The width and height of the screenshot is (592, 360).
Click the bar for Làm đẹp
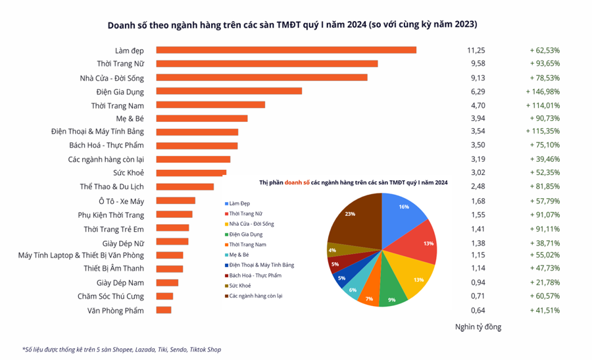[286, 50]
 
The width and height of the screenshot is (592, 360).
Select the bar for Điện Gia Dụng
[229, 91]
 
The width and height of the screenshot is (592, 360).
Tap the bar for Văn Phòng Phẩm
[164, 310]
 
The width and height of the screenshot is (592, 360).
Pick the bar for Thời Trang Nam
[210, 105]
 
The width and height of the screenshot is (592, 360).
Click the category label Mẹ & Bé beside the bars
[130, 118]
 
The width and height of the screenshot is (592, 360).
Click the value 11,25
[476, 50]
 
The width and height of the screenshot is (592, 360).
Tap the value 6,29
[476, 91]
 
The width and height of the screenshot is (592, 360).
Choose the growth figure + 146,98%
[543, 91]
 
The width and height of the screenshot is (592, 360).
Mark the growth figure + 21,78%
[545, 282]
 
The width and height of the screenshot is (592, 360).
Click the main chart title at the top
[292, 24]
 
